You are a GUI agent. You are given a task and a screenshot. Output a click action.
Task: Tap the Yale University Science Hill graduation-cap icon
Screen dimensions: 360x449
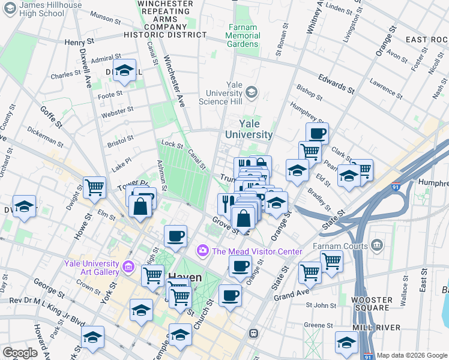pos(252,92)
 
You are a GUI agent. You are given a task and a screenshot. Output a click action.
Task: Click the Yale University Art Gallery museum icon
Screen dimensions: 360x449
pos(128,266)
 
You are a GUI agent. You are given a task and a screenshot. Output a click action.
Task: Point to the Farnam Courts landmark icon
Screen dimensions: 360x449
pos(376,244)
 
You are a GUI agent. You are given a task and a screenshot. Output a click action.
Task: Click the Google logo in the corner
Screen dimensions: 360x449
pos(20,352)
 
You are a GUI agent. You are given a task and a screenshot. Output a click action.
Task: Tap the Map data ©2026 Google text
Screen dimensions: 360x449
pos(412,355)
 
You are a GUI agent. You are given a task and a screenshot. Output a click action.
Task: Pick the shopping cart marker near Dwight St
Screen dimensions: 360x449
pos(94,187)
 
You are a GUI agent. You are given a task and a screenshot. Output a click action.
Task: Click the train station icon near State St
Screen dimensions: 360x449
pos(254,332)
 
